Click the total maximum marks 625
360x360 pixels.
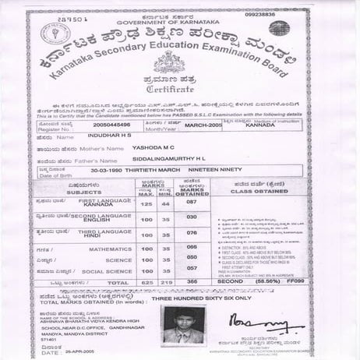pyautogui.click(x=146, y=282)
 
